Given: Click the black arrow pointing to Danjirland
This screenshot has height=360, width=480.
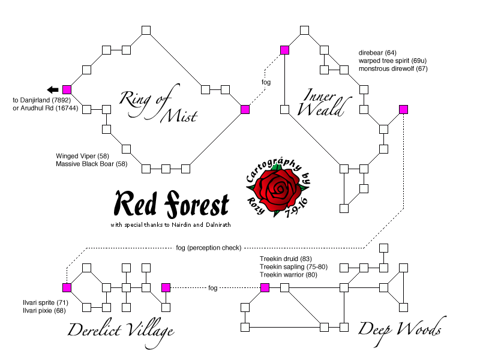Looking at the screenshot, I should [53, 89].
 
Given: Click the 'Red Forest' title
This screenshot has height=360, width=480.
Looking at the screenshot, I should [172, 205].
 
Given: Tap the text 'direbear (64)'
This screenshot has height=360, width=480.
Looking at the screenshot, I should [377, 53].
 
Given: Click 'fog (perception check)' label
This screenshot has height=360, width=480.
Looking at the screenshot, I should [209, 247].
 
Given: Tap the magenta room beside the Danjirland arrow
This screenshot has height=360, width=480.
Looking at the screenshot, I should [67, 89].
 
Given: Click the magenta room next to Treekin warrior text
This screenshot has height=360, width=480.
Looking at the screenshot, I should [265, 288].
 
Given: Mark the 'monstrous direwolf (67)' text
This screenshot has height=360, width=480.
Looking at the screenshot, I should [393, 68].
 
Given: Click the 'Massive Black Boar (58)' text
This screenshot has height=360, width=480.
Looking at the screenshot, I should [91, 163].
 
